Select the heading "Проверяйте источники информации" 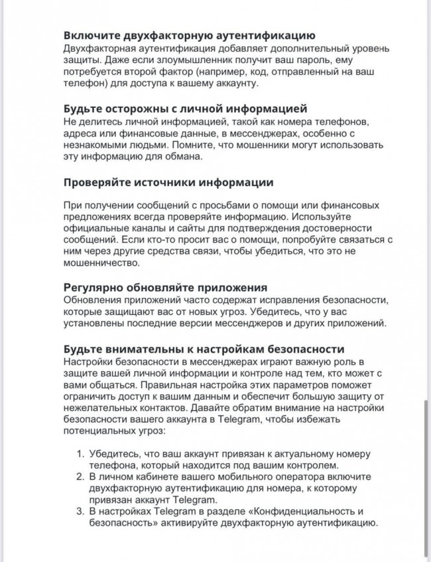[168, 182]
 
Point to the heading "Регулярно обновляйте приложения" [165, 288]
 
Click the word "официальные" [95, 229]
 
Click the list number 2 [78, 477]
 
